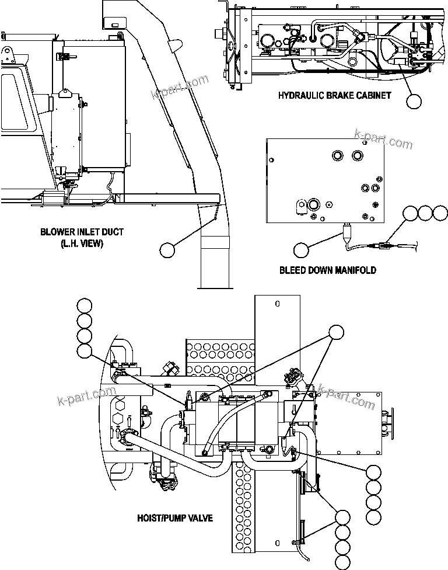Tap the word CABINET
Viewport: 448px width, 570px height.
point(370,95)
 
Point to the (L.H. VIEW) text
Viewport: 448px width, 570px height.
point(82,244)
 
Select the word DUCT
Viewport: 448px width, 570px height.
point(111,232)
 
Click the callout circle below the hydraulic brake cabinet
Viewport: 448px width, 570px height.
point(414,101)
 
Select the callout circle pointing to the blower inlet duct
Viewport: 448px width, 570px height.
point(167,250)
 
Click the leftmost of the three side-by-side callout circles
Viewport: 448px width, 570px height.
point(411,213)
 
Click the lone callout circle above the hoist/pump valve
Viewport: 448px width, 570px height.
point(337,332)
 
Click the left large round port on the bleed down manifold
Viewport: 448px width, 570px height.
point(337,155)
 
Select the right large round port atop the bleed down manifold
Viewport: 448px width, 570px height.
point(358,155)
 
